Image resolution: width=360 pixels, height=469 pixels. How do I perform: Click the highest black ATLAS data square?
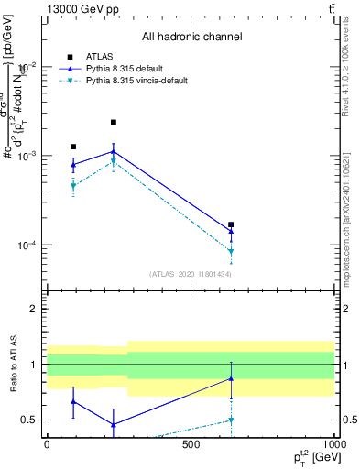[114, 122]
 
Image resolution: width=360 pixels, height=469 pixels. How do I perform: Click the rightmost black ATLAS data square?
[231, 224]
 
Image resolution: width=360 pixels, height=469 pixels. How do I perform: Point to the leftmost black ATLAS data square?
[73, 147]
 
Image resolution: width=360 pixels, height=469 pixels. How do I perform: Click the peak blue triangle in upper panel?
[114, 151]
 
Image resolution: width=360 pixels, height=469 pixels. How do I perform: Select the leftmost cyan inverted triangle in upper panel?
[73, 186]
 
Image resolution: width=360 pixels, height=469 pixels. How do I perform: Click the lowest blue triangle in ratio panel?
[114, 424]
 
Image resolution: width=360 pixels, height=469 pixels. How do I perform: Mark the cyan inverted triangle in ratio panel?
[231, 420]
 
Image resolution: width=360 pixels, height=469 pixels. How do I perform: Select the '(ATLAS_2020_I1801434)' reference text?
[191, 274]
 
